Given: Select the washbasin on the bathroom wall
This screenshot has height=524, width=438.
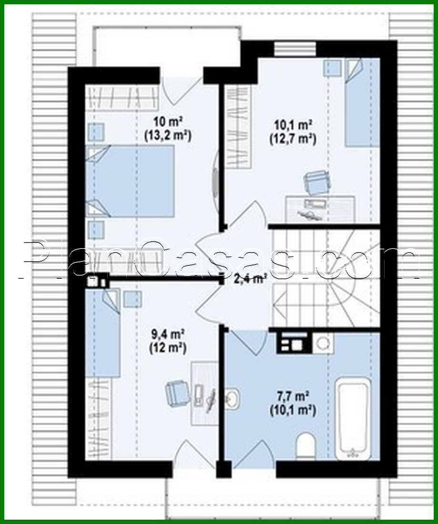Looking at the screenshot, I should [233, 398].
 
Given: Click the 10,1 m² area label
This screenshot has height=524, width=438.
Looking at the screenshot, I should [293, 125].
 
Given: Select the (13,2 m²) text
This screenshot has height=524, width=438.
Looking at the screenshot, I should [167, 136].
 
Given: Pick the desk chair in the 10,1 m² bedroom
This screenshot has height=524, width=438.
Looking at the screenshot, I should [315, 183].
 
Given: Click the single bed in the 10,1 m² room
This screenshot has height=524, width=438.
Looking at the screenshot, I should [362, 102].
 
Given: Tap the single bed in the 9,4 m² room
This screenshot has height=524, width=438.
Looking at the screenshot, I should [102, 333].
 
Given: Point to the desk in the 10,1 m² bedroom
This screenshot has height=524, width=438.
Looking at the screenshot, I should [320, 208].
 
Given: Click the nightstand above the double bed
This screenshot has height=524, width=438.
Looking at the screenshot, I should [96, 131].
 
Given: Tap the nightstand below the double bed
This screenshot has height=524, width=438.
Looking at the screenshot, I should [96, 229].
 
